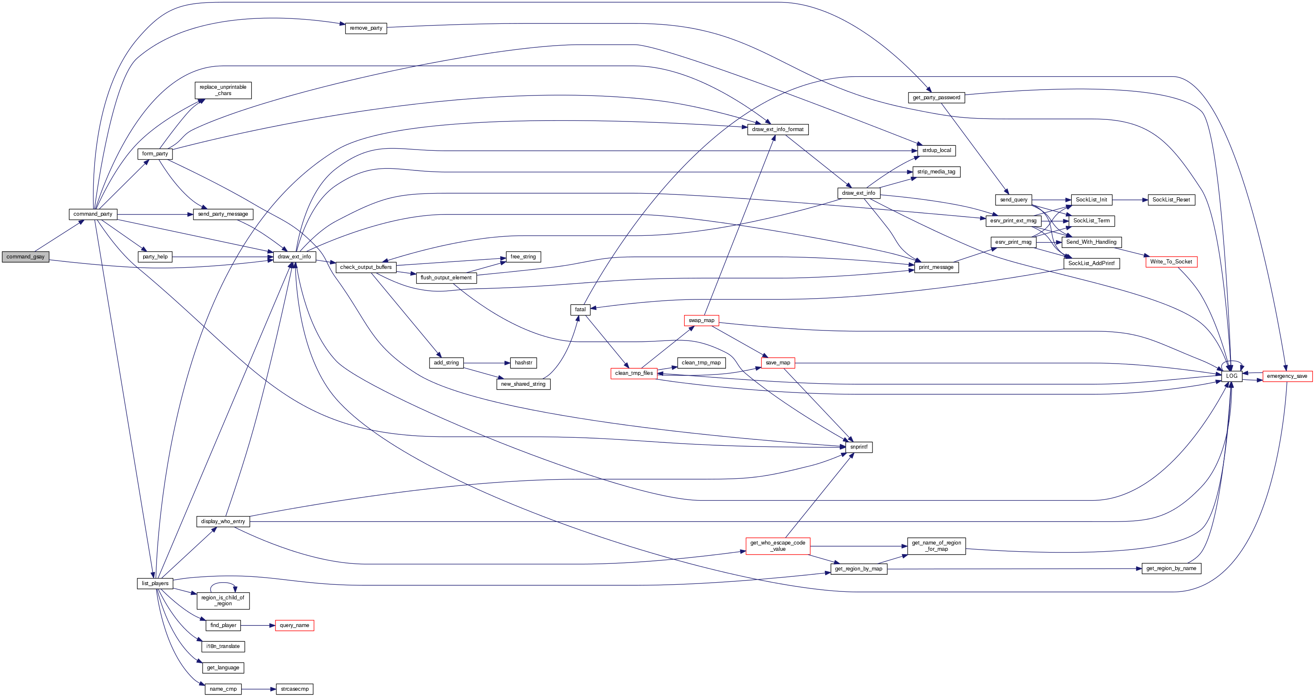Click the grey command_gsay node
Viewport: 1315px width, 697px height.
click(26, 257)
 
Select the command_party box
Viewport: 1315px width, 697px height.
click(93, 214)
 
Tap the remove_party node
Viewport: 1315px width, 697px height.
click(366, 28)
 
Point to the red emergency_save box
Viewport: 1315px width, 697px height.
click(1287, 376)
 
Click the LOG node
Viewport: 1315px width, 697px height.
click(1232, 376)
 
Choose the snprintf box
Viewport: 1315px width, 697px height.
click(859, 447)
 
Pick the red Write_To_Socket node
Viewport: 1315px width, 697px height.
click(1171, 262)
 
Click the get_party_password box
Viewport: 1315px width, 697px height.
click(936, 98)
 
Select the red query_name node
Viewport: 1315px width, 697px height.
click(295, 625)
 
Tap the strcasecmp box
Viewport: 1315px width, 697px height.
click(295, 689)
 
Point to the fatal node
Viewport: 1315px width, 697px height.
click(580, 310)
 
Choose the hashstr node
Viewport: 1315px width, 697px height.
click(523, 363)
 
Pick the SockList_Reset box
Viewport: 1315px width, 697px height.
click(1171, 200)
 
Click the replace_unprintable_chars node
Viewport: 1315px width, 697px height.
click(223, 90)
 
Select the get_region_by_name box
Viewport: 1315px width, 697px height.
click(1171, 568)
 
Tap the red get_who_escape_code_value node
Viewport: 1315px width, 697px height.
click(777, 546)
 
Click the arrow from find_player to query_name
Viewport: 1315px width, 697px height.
click(258, 625)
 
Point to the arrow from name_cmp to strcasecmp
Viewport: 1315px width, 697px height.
click(258, 689)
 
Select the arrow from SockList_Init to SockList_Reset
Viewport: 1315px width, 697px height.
click(1130, 200)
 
